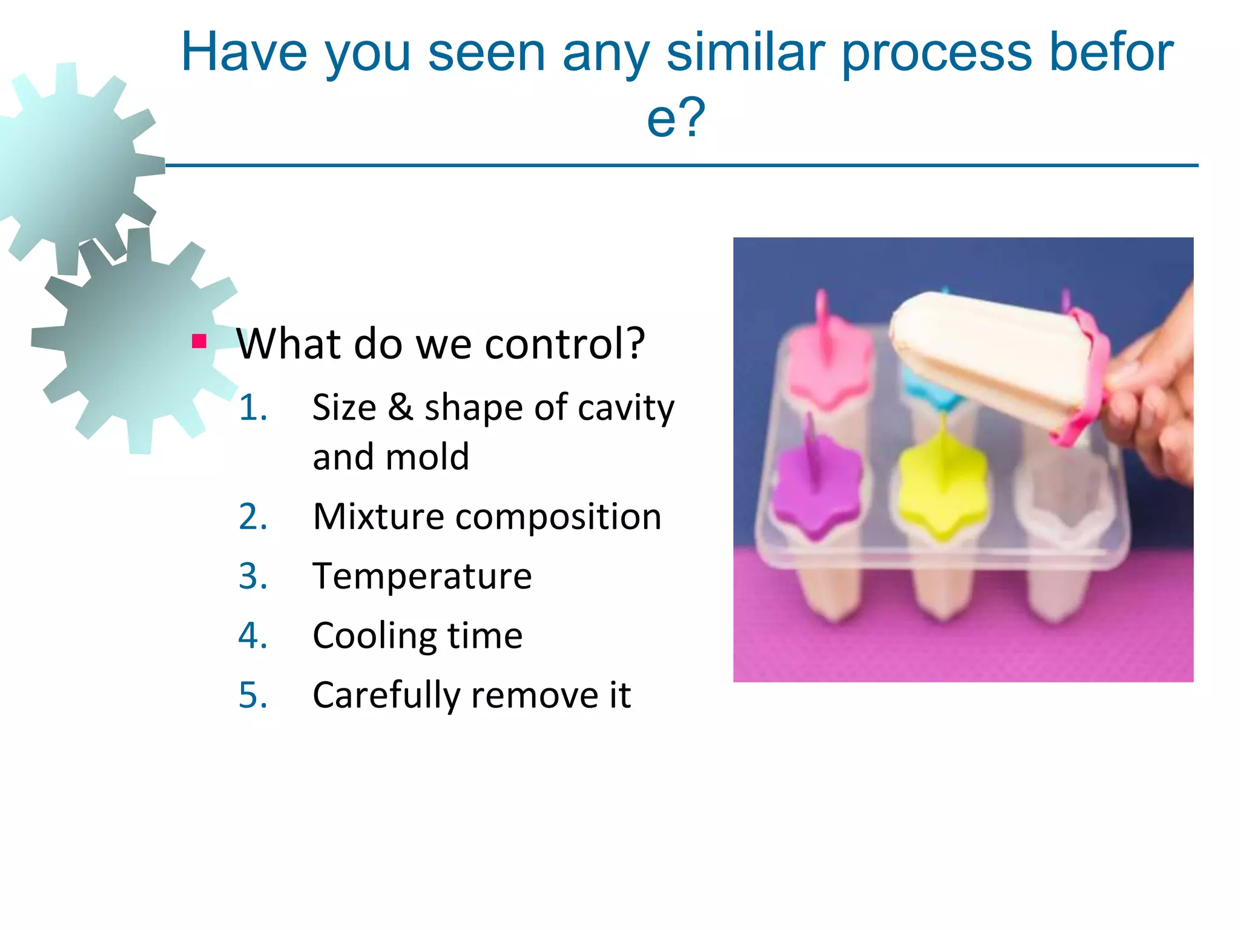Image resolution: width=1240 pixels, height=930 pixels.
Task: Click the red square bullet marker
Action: [199, 341]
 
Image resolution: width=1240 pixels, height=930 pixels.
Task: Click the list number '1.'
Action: [253, 407]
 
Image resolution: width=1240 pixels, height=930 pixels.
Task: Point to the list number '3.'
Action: [253, 576]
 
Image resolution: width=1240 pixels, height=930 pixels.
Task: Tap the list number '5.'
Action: [253, 694]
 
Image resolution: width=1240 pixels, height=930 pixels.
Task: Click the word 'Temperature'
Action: [422, 576]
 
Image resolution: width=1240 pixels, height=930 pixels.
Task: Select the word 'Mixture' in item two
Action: [378, 516]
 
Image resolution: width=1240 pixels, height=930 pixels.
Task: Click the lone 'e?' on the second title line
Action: [676, 118]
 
